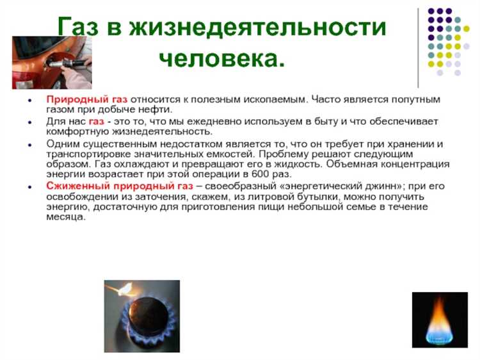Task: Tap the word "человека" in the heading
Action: coord(221,59)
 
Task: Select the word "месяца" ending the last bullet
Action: coord(65,217)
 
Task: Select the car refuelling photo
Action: coord(51,62)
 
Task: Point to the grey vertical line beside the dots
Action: coord(418,47)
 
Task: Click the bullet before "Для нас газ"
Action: coord(31,122)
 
